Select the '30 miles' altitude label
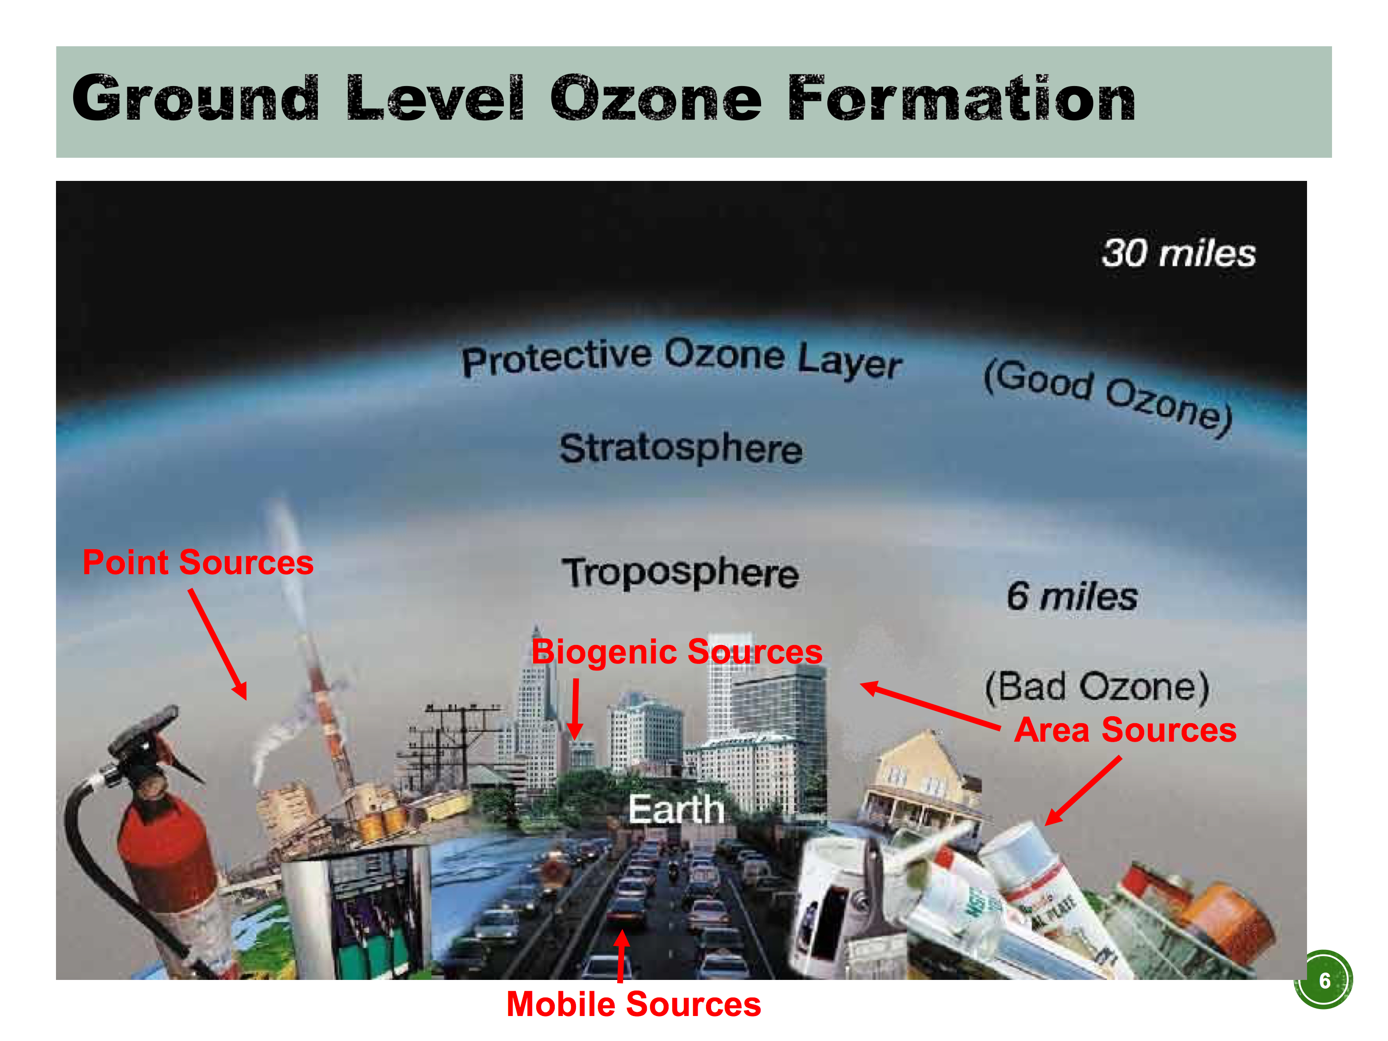tap(1178, 254)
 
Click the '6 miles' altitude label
tap(1072, 595)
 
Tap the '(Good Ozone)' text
tap(1108, 397)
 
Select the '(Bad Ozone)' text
tap(1097, 688)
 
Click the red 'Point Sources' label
tap(198, 562)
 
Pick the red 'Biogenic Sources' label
tap(676, 652)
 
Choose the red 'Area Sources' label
tap(1125, 730)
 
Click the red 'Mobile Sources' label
tap(634, 1004)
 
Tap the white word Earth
tap(676, 810)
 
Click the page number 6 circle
tap(1323, 979)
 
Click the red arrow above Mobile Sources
tap(621, 956)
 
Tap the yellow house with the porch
tap(919, 781)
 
